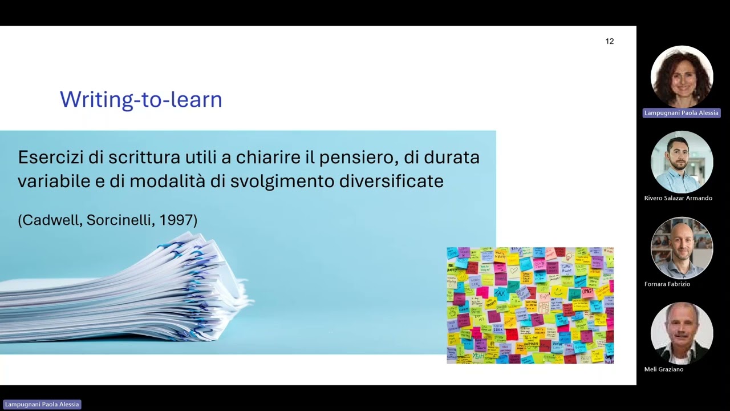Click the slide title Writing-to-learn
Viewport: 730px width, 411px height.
click(141, 99)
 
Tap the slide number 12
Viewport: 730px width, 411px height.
click(610, 41)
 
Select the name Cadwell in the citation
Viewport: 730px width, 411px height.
click(52, 220)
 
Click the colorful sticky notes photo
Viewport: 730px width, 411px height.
click(530, 305)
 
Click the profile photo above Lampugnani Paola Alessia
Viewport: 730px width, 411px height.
click(682, 76)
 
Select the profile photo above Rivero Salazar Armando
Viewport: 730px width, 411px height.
click(682, 162)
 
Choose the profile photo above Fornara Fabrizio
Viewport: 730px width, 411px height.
click(682, 248)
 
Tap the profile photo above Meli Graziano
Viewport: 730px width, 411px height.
click(682, 333)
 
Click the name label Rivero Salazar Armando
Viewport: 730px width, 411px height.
click(678, 198)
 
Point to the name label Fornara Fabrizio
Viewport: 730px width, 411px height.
click(667, 284)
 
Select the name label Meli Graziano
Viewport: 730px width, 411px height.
click(664, 369)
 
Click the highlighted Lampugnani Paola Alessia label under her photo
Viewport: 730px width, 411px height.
click(682, 113)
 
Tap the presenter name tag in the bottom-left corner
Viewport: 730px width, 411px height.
click(42, 404)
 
